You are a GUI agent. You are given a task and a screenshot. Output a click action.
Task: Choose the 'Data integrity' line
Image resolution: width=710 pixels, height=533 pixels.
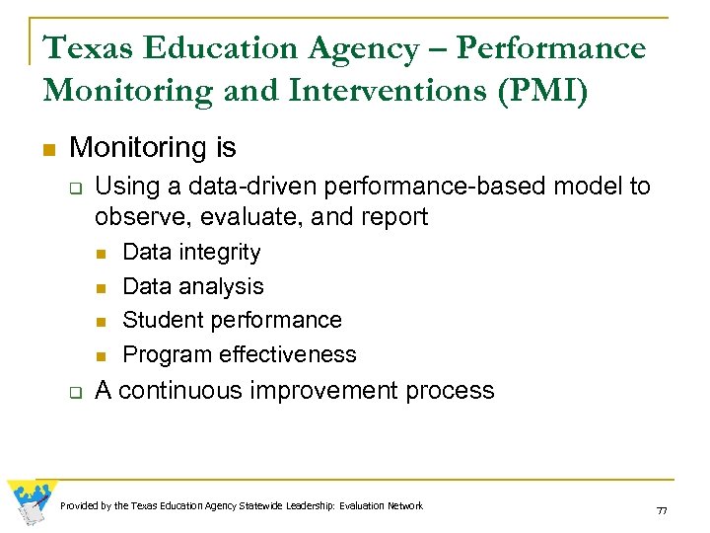point(191,252)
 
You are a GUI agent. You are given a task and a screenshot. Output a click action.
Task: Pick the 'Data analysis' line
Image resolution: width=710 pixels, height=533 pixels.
point(193,286)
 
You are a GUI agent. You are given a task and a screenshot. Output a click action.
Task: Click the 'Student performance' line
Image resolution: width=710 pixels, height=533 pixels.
point(232,320)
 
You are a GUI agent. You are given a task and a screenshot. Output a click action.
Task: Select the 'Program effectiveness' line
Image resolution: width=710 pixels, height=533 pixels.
point(240,354)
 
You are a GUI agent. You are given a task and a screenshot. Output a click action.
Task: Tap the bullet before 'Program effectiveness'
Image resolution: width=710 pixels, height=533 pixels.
point(101,355)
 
